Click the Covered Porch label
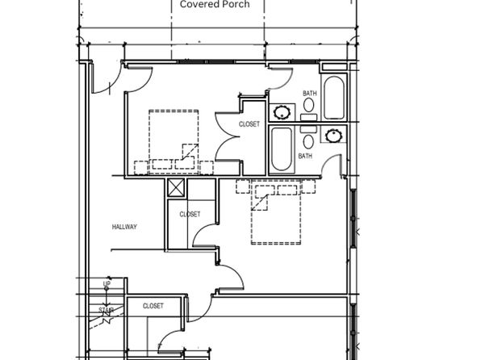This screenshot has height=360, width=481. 215,4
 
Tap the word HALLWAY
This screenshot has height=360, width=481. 124,227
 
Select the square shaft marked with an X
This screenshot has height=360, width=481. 176,187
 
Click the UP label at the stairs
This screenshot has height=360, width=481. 107,284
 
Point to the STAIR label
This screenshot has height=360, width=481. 107,310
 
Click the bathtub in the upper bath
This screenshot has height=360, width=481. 334,98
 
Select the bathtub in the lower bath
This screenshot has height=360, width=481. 282,149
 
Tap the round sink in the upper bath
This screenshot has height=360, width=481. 282,112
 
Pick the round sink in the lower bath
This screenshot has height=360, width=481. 333,136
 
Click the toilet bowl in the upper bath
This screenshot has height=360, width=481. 308,105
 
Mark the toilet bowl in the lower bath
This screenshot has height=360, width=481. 308,141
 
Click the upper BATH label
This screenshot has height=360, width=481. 310,94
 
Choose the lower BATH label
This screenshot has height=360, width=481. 305,156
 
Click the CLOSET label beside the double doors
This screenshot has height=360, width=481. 249,124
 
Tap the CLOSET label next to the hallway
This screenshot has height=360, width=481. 190,214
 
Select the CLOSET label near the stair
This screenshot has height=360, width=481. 153,306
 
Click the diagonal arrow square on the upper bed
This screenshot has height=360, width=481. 190,152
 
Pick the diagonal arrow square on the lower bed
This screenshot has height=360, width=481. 260,203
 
